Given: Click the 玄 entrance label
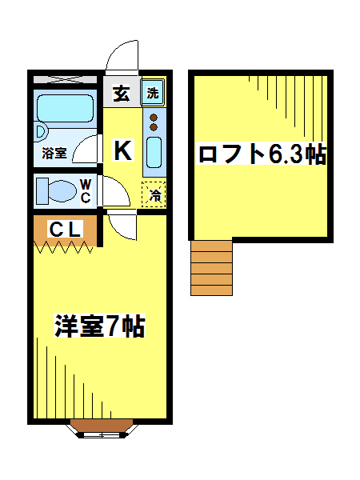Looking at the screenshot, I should pos(121,93).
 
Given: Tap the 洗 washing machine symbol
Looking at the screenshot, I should pos(153,92).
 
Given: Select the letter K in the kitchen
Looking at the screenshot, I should pos(122,150).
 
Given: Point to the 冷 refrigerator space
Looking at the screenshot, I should pos(154,194).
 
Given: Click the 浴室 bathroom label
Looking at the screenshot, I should pos(54,151).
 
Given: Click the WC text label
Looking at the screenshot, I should pos(86,191).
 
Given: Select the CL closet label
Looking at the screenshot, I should pos(65,230).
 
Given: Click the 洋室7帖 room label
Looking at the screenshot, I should pos(99,327).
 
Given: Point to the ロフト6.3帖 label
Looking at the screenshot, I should pos(262,154).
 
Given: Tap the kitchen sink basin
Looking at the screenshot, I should pos(154,153).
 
